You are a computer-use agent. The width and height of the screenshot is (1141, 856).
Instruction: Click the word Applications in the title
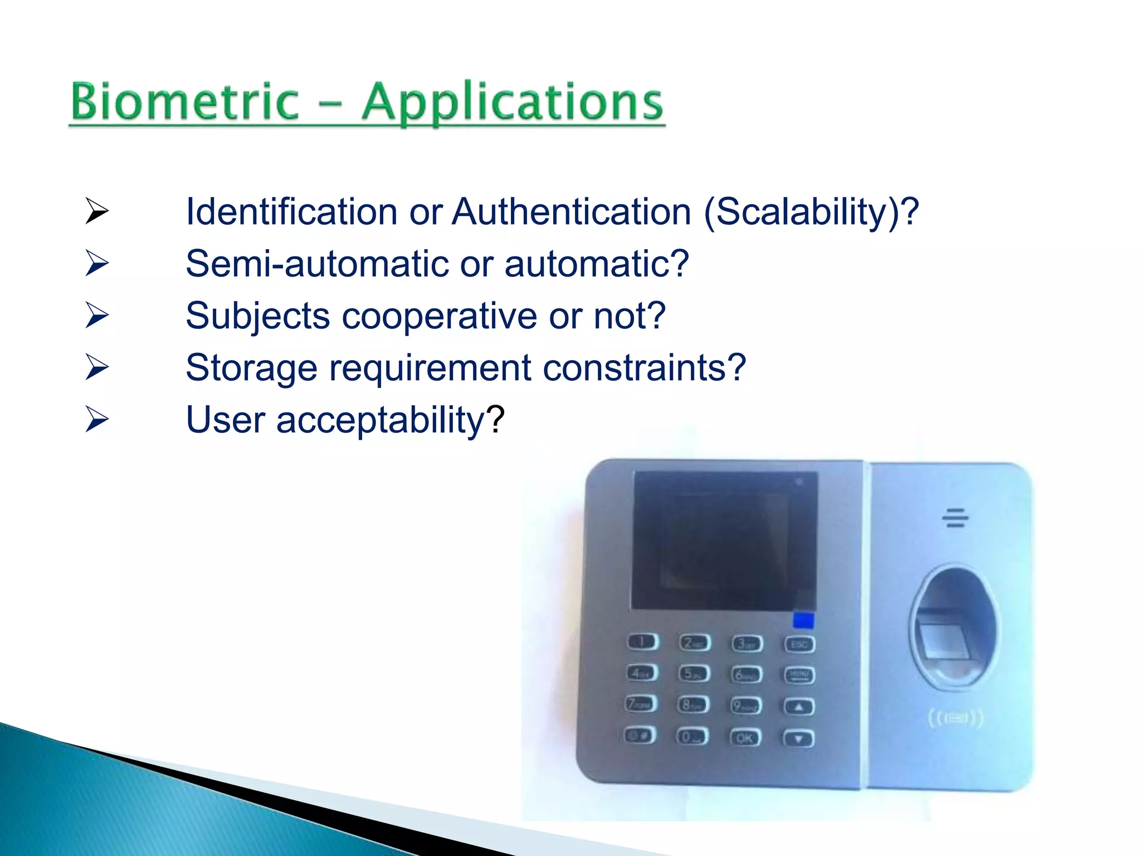(512, 102)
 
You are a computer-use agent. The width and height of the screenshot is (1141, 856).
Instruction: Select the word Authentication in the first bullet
(571, 212)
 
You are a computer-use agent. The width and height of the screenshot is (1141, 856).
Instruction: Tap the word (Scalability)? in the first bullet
(811, 212)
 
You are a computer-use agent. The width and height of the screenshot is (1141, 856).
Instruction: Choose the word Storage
(251, 368)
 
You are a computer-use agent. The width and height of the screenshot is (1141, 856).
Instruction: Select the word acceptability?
(390, 420)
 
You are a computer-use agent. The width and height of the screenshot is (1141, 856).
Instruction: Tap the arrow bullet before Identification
(97, 211)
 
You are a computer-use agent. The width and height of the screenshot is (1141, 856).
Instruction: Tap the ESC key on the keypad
(799, 645)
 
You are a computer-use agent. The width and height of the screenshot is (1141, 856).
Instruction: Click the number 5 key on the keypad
(694, 674)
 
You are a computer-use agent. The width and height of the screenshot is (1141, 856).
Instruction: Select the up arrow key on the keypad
(799, 707)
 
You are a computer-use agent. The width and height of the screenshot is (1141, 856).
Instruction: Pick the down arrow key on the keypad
(799, 739)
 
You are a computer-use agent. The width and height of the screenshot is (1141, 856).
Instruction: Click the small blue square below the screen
(803, 620)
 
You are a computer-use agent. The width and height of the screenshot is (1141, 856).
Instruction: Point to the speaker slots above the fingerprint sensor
(955, 518)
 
